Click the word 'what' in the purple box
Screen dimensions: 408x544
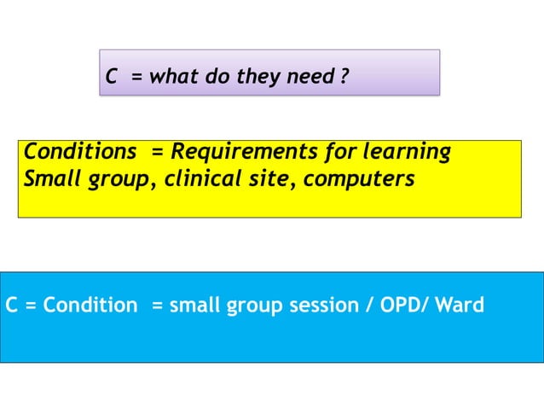point(174,78)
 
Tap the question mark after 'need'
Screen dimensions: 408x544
point(344,78)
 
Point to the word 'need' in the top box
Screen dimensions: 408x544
point(311,78)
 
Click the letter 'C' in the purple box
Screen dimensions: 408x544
point(111,78)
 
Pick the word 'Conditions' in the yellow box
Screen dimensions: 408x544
point(79,152)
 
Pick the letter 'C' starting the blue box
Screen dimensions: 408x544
point(12,305)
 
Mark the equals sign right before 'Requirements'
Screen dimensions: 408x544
point(157,153)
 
